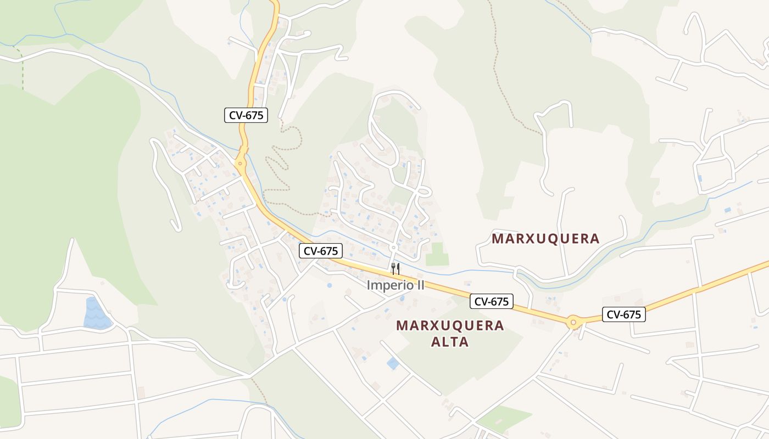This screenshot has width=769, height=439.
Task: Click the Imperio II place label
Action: tap(395, 285)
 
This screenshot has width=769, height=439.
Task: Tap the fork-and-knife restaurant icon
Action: tap(395, 269)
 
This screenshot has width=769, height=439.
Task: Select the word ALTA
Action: tap(450, 342)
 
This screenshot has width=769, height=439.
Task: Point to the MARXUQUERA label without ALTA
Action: tap(545, 239)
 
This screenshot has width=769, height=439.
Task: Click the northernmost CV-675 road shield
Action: tap(246, 115)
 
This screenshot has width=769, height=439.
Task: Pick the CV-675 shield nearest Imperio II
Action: tap(321, 251)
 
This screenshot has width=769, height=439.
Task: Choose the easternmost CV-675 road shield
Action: tap(623, 314)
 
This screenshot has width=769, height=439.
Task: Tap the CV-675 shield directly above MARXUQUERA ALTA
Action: tap(492, 301)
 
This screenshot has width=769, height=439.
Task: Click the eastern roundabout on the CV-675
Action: tap(573, 322)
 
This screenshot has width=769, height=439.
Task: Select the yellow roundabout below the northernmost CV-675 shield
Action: tap(240, 163)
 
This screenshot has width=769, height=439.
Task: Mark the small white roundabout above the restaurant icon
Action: tap(393, 248)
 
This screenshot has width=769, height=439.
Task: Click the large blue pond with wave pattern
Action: tap(97, 314)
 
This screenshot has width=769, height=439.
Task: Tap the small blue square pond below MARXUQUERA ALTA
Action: tap(393, 363)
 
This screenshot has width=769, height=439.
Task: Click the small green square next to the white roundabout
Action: tap(437, 255)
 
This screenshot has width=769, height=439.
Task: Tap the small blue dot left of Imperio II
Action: tap(329, 285)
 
